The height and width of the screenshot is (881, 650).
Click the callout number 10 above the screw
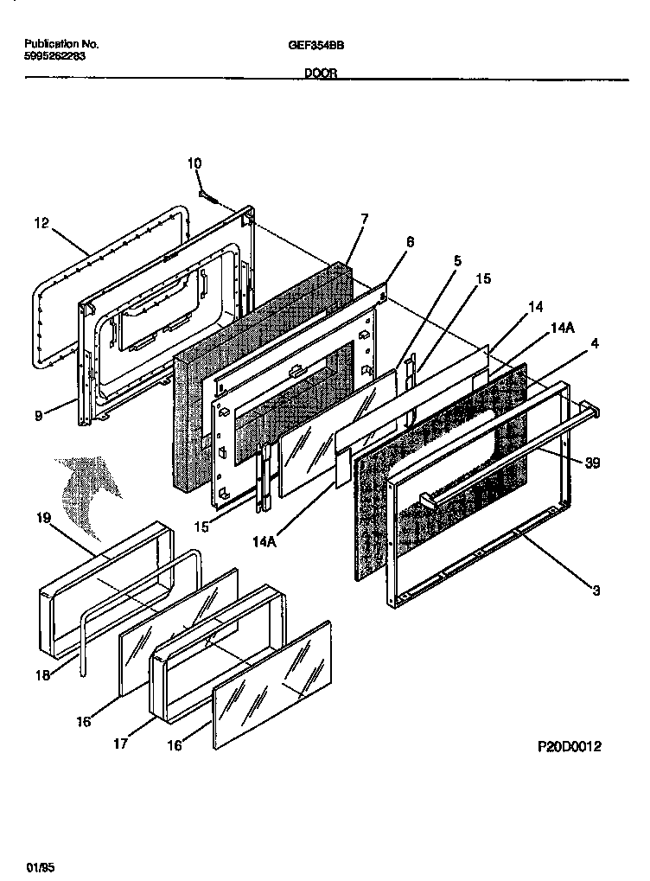click(194, 163)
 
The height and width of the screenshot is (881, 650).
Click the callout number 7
click(364, 219)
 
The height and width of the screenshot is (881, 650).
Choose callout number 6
click(410, 242)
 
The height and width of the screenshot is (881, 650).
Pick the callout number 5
click(457, 259)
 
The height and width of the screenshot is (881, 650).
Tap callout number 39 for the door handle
click(593, 463)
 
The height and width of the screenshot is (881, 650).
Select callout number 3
click(596, 591)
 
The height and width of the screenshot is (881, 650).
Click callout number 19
click(44, 519)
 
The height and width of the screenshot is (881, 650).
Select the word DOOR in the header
click(322, 74)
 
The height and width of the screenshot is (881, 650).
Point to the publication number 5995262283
click(56, 54)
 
